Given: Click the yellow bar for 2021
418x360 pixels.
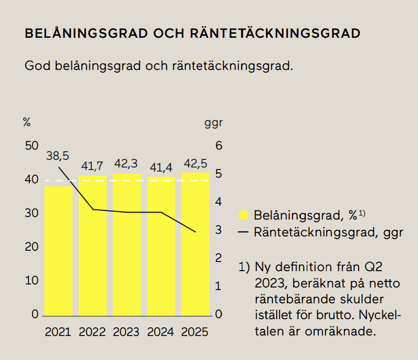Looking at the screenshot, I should pos(58,250).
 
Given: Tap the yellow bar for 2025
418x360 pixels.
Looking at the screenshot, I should pos(195,244).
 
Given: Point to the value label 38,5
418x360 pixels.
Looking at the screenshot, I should pos(57,156).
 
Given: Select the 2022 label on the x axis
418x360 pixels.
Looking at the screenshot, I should pos(92,332).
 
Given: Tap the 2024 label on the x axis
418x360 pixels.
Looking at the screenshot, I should pos(161,332).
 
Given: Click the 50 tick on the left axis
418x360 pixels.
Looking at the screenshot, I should pos(32,146).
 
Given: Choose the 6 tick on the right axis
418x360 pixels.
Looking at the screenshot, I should pos(219,146).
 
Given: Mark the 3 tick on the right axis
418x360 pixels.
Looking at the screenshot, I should pos(219,230).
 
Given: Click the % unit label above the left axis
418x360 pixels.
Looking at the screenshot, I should pos(27,123).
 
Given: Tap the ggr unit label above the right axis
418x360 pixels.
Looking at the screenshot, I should pos(214,123).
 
